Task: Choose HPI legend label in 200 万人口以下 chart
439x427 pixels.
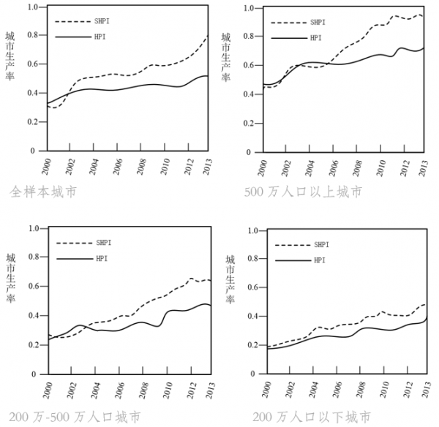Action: [x=320, y=260]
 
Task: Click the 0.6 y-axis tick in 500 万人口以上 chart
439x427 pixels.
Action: [x=248, y=65]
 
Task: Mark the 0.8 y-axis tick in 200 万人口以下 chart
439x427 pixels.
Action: [x=251, y=259]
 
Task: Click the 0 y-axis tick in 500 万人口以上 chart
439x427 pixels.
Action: [x=253, y=151]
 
